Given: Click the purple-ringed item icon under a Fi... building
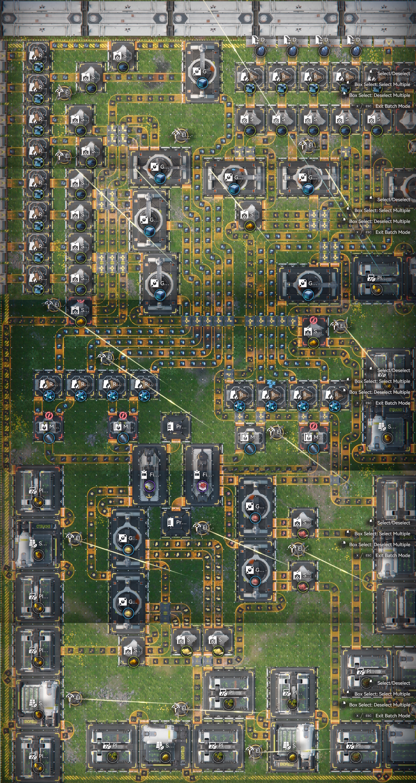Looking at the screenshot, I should [149, 486].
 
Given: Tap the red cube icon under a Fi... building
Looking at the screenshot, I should [202, 486].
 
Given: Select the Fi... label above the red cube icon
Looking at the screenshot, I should [206, 475].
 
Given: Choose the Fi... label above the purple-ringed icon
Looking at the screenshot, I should [153, 475].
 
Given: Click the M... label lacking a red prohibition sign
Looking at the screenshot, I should [253, 437].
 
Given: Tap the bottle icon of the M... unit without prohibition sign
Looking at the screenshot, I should [250, 449].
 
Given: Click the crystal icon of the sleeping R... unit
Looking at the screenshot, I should [271, 406].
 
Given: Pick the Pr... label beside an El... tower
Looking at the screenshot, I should [181, 522].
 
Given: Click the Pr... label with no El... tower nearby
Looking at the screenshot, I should [181, 426].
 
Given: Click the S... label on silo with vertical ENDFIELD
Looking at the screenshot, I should [169, 745].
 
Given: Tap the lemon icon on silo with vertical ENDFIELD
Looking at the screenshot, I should [165, 757].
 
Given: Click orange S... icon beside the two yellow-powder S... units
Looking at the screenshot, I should [133, 662].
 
